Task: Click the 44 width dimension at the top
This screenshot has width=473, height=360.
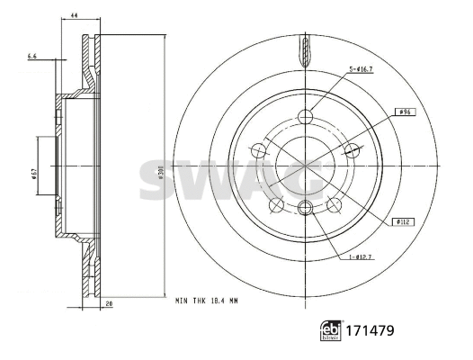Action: coord(75,16)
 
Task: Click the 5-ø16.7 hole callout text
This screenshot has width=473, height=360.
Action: coord(362,70)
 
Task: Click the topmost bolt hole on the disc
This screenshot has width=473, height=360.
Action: coord(304,115)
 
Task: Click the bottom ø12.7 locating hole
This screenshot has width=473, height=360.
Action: coord(304,208)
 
